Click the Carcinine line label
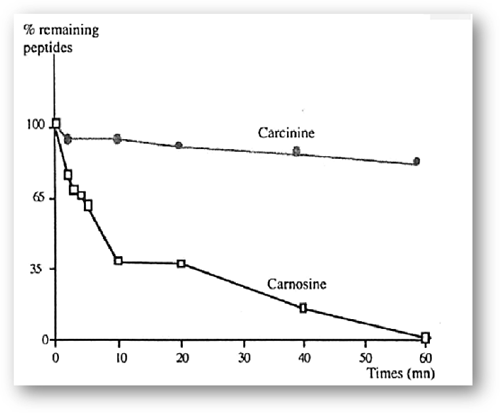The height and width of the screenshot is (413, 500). pyautogui.click(x=286, y=133)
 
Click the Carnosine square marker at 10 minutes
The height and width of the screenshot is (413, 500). pyautogui.click(x=119, y=261)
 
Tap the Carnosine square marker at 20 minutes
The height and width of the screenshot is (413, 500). pyautogui.click(x=182, y=263)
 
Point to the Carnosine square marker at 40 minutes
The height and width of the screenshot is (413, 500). pyautogui.click(x=303, y=308)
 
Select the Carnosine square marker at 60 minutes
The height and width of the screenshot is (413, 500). pyautogui.click(x=426, y=337)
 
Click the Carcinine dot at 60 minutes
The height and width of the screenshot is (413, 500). pyautogui.click(x=416, y=161)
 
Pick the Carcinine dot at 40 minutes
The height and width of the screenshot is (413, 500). pyautogui.click(x=296, y=151)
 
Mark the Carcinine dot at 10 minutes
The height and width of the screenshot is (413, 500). pyautogui.click(x=117, y=139)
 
